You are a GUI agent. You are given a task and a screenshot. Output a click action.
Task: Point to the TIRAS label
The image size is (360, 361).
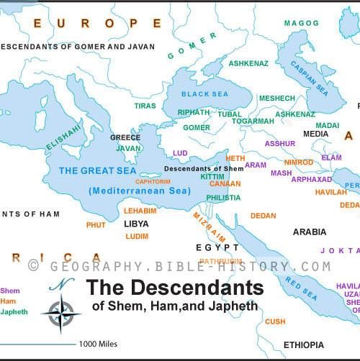point(144,105)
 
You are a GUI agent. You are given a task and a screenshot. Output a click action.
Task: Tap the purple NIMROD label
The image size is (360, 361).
point(298,163)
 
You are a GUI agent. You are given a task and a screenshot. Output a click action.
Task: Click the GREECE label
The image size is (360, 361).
point(124,137)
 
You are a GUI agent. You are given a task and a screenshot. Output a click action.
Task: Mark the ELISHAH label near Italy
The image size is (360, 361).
point(63,136)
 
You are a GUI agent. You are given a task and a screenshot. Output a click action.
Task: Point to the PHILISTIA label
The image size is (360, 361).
point(223,197)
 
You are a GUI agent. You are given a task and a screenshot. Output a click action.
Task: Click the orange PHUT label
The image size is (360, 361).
point(95,225)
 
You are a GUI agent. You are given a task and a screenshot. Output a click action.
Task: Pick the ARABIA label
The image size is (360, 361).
point(309,232)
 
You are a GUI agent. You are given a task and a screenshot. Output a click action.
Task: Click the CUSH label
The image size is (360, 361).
point(275,321)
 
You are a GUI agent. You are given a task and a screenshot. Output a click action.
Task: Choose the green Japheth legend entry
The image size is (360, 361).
point(14,311)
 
